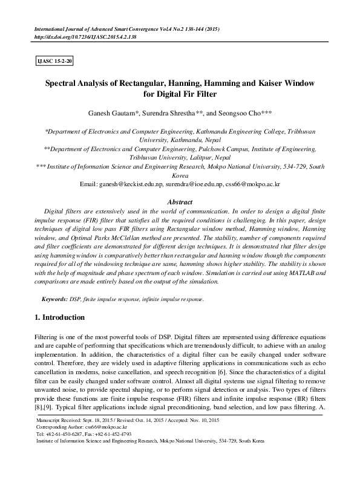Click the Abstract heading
(180, 202)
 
